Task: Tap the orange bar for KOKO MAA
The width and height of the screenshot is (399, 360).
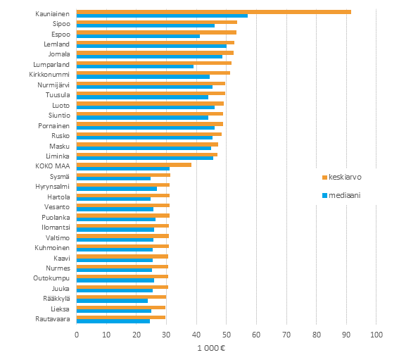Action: (134, 165)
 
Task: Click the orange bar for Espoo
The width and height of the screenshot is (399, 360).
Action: (156, 32)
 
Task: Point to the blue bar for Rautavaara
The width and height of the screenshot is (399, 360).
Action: (113, 321)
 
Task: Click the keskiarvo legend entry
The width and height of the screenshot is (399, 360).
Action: (346, 177)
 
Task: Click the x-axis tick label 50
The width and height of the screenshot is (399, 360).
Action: (227, 335)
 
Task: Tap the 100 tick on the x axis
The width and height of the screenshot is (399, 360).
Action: (376, 335)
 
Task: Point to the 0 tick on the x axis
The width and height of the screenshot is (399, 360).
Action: (77, 335)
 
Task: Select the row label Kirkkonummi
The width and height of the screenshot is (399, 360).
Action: (50, 73)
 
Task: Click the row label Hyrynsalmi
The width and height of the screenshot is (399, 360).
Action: (52, 187)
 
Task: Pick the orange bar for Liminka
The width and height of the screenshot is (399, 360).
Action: (146, 154)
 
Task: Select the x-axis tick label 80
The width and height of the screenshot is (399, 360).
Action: (317, 335)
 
